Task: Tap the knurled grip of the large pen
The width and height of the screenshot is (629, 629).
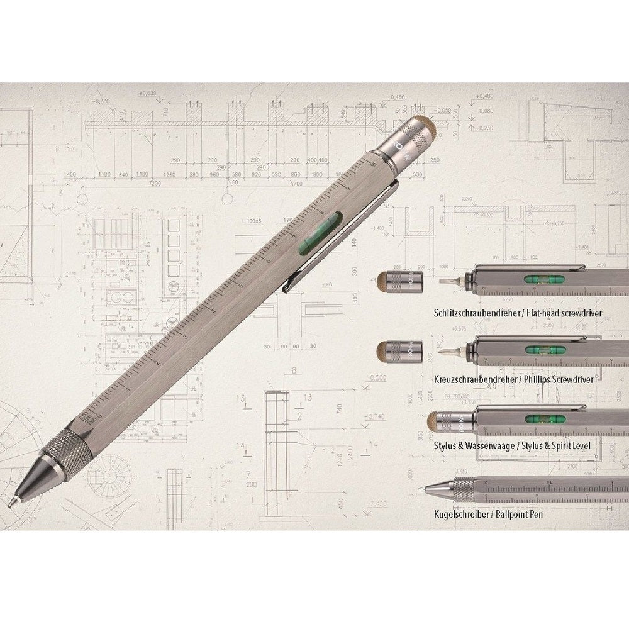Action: [x=66, y=449]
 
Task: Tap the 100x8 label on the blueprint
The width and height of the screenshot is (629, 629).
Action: [x=254, y=221]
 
